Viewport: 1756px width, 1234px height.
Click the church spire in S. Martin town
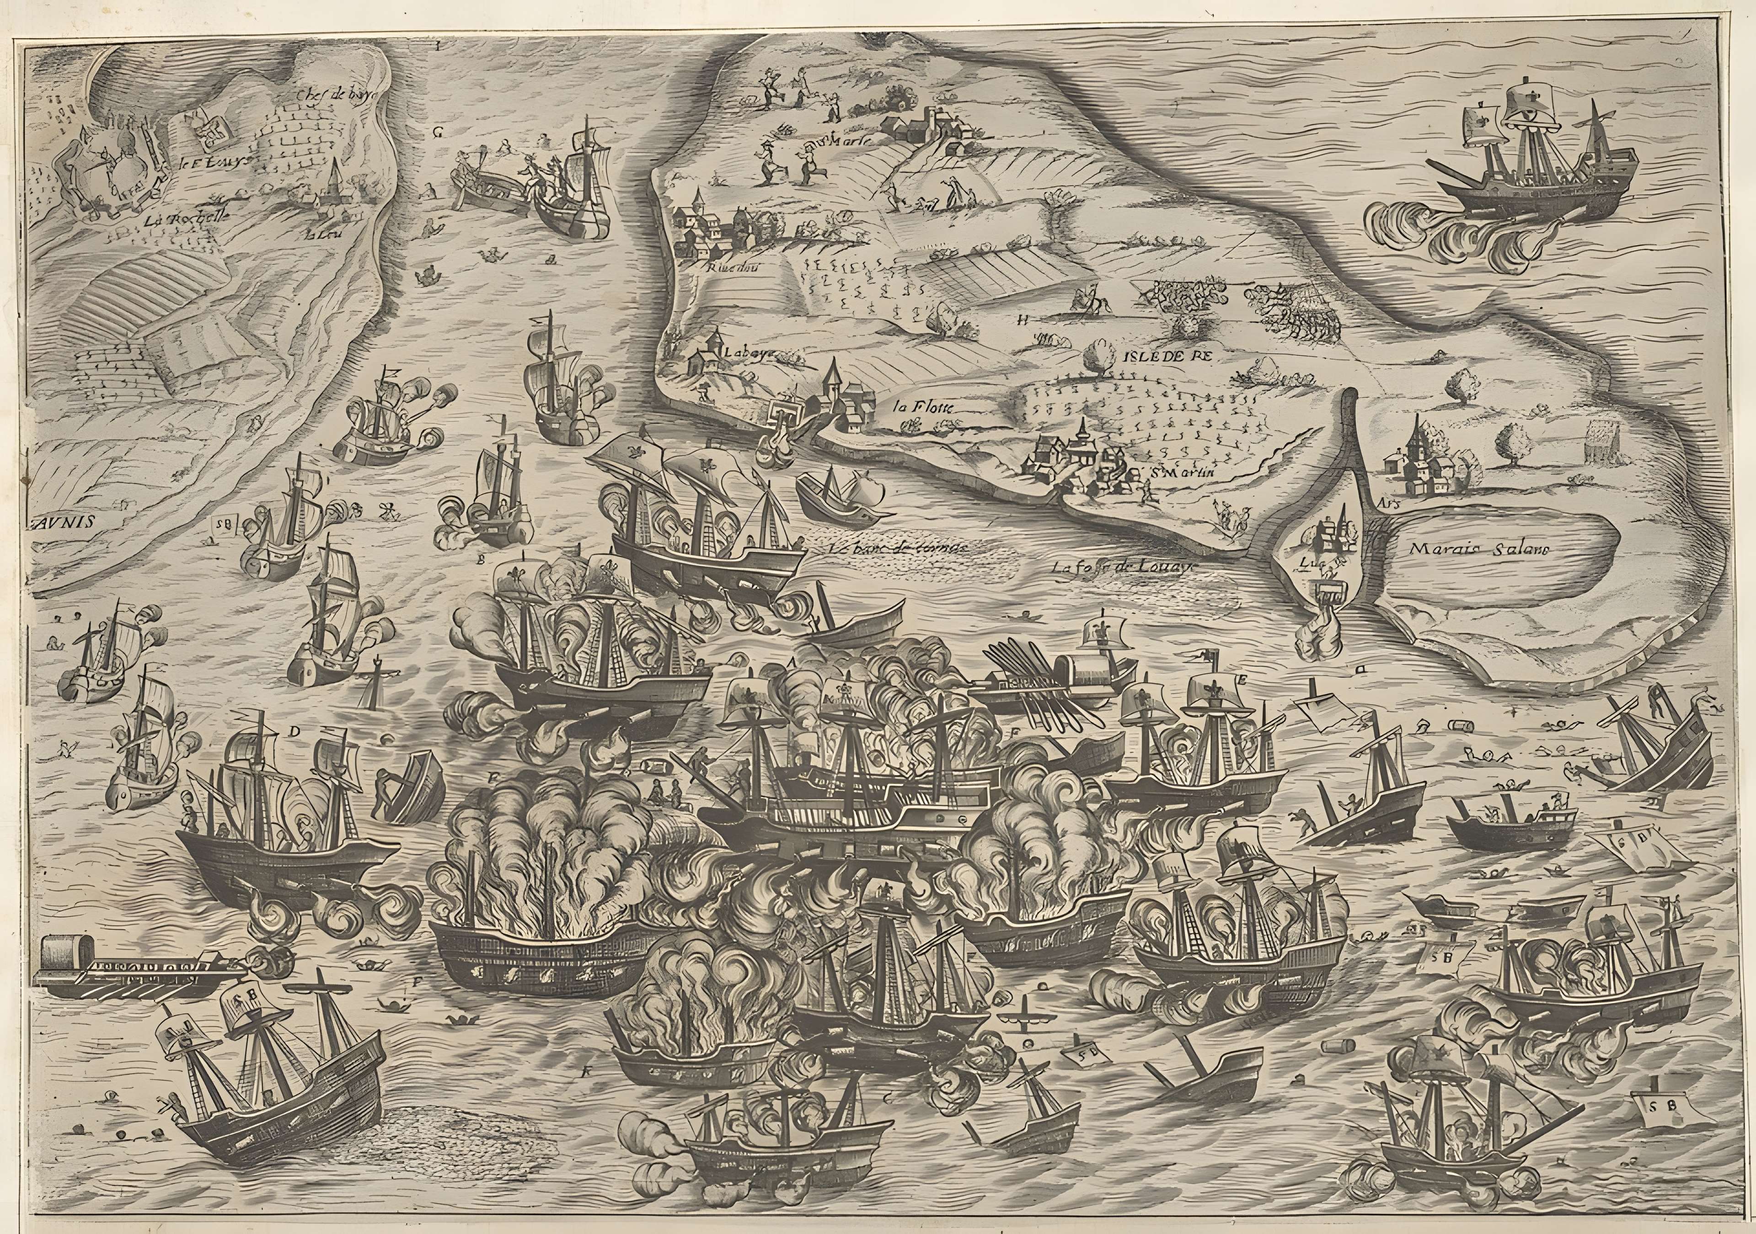tap(1083, 436)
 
